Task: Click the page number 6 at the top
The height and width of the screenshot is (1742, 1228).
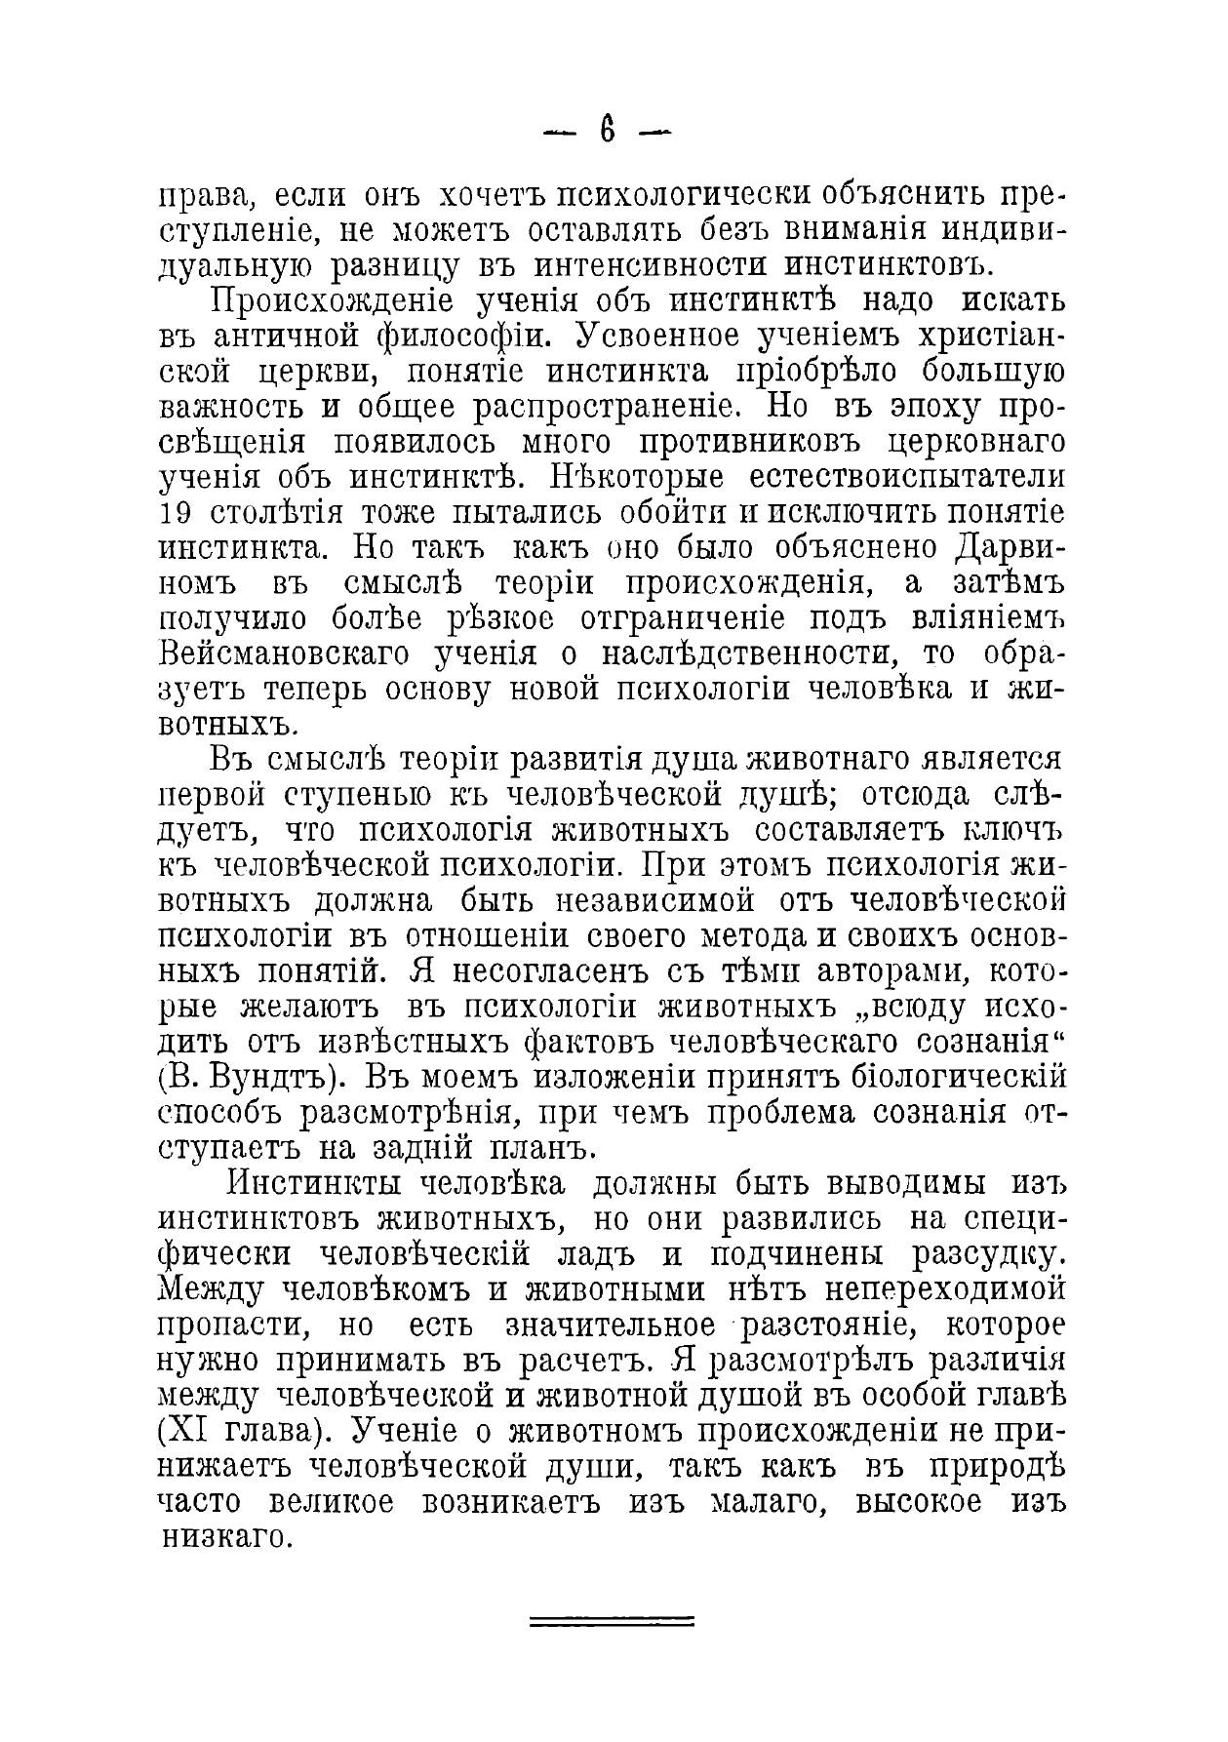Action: point(608,131)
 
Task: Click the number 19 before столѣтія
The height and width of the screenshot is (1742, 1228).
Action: point(175,513)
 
